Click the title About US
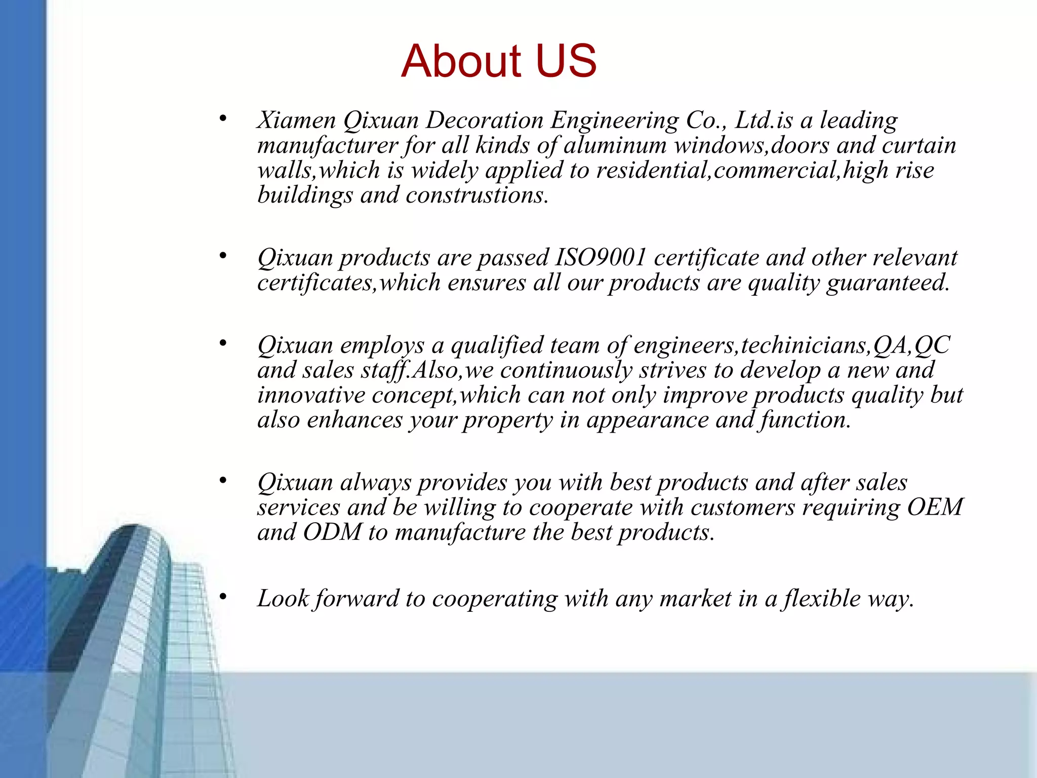coord(499,61)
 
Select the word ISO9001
coord(601,257)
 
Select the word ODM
coord(332,532)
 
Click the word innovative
coord(311,395)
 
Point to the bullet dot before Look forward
coord(223,597)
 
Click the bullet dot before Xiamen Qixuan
coord(223,119)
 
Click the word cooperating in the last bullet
coord(494,599)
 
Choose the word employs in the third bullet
coord(382,346)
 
